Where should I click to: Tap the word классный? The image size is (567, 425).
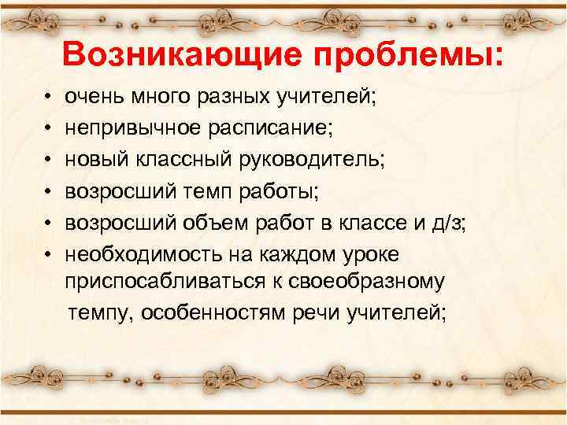[165, 160]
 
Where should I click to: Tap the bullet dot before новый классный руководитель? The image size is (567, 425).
[49, 160]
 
